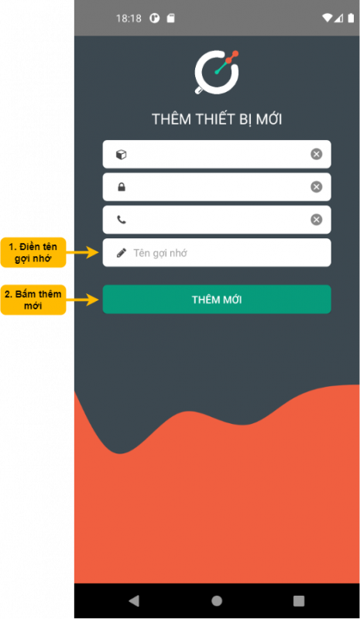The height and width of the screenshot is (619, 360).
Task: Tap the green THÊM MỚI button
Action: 217,299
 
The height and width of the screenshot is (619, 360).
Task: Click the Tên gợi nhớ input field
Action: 217,253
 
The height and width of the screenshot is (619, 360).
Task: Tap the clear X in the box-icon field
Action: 316,154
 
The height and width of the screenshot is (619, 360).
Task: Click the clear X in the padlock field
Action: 316,186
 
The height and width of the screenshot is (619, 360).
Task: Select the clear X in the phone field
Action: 316,220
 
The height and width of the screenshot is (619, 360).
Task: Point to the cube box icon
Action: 122,154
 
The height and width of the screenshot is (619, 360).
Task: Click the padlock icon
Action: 122,186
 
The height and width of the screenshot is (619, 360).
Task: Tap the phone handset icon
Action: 122,220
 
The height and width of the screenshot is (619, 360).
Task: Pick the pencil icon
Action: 122,253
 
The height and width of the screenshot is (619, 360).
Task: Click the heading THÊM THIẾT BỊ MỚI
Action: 217,119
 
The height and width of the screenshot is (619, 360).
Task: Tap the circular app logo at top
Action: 217,72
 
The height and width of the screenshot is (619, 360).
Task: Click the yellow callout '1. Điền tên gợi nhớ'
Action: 33,253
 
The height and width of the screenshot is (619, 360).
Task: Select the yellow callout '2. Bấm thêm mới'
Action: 33,300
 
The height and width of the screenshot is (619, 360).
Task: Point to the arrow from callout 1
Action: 82,252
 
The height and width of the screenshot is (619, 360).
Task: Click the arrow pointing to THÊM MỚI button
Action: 82,299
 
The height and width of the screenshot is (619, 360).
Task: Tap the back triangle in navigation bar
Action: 134,600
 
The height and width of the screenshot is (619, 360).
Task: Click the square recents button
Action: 299,601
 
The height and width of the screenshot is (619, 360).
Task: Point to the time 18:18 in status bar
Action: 129,19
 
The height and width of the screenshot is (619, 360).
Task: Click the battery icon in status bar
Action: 351,18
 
